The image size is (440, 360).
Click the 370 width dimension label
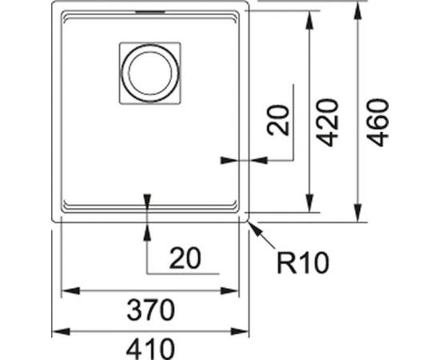150,310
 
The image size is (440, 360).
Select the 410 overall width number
150,350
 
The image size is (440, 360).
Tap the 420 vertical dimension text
327,122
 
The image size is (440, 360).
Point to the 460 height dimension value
378,122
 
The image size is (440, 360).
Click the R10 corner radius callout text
302,263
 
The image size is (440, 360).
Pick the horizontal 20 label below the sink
186,258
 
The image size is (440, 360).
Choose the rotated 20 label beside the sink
278,120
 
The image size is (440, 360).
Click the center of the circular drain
150,73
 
